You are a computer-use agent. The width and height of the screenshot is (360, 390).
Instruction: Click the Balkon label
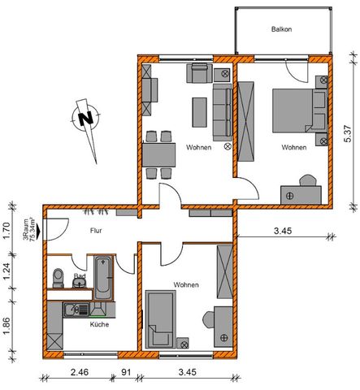282,30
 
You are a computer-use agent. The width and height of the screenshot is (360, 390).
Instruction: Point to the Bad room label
79,276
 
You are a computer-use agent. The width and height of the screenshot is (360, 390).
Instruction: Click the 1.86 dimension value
7,323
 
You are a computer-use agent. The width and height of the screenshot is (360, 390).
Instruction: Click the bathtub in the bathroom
104,277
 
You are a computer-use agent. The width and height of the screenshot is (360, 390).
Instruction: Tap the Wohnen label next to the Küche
186,284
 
